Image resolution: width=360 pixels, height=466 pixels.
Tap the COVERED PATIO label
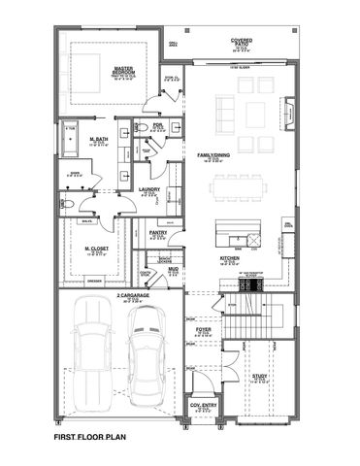click(x=242, y=42)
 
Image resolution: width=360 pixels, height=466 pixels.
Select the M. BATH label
click(x=98, y=139)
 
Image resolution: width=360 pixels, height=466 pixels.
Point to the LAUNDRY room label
click(x=148, y=189)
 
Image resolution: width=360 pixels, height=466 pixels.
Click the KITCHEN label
click(x=229, y=259)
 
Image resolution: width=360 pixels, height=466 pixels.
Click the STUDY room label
click(x=259, y=376)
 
